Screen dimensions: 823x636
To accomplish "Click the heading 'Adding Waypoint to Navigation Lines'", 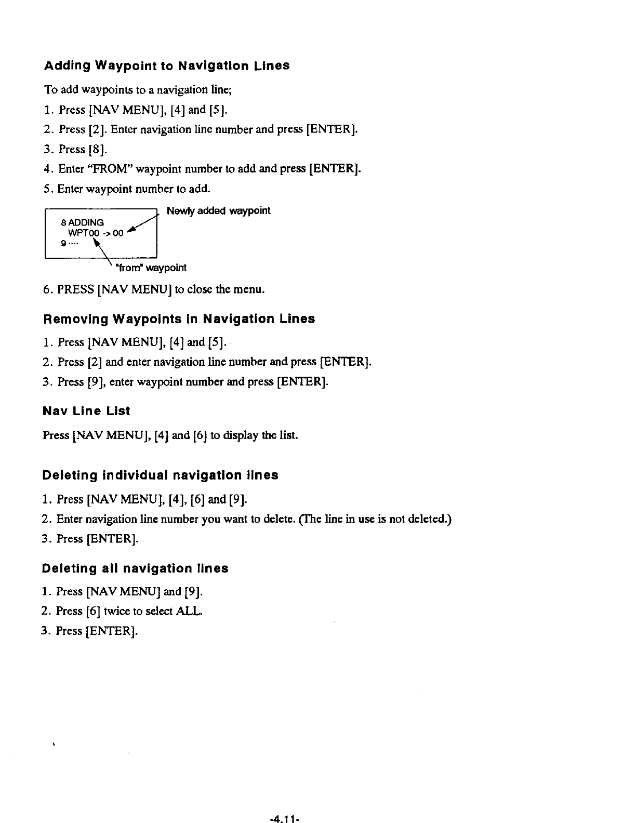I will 166,67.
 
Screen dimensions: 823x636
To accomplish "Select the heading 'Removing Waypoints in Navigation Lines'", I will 179,319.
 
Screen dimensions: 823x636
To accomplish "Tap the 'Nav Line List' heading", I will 86,411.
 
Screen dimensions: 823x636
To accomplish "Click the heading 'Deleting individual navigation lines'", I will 160,475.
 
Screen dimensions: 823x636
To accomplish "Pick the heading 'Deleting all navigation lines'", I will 135,568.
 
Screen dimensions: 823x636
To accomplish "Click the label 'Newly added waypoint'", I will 218,211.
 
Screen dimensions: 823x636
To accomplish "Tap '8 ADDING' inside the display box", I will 83,222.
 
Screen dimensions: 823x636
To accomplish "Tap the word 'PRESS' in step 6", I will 76,289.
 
